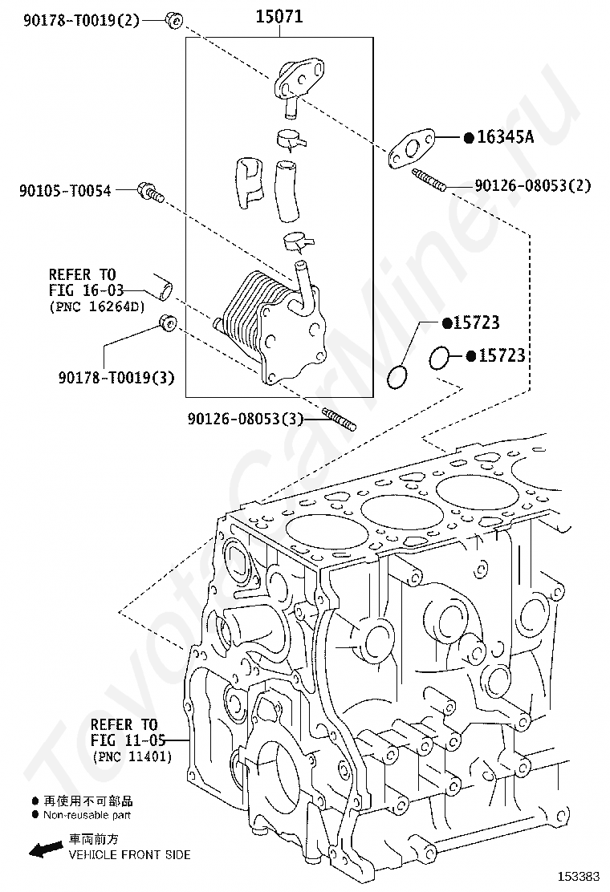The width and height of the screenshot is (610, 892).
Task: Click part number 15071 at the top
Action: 279,16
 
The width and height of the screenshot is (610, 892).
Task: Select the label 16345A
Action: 505,137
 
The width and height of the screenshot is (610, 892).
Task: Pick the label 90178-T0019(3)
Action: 116,376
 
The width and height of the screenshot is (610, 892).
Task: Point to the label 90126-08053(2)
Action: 532,185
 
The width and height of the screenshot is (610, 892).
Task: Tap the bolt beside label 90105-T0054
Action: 150,191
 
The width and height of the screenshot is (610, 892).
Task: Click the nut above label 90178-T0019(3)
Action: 167,324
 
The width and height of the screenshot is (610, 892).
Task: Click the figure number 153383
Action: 579,874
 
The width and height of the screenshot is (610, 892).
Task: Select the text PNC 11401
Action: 132,756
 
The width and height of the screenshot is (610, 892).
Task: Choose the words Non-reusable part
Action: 87,815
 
